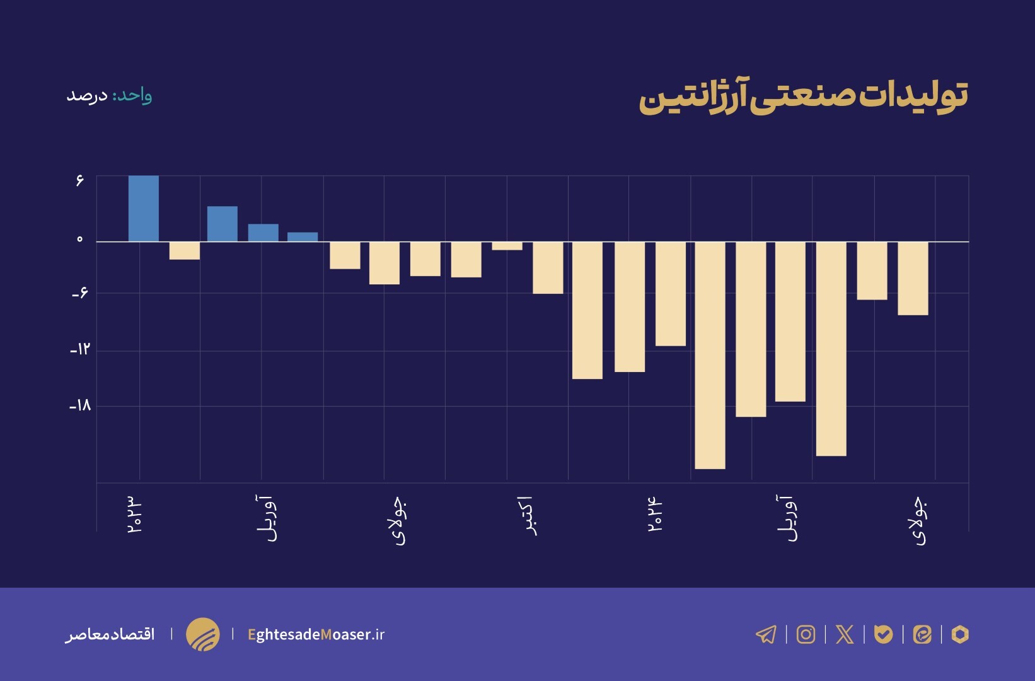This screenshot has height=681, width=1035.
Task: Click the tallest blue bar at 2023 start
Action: [x=144, y=208]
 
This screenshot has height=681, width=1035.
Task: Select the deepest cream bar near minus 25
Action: [x=710, y=355]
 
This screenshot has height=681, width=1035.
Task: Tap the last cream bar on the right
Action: [x=913, y=278]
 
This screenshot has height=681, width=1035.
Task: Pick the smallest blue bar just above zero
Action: [x=303, y=237]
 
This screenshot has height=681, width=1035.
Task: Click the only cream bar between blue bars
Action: [x=185, y=251]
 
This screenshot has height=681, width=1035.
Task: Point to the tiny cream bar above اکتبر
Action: [x=507, y=246]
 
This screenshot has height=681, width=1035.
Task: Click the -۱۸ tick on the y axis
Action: [x=80, y=405]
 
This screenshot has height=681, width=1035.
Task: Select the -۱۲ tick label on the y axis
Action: [x=80, y=349]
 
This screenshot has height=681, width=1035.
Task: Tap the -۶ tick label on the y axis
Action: [x=80, y=293]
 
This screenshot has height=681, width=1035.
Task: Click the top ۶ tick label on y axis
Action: [x=79, y=181]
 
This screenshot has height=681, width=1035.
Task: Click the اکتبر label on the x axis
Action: [x=531, y=516]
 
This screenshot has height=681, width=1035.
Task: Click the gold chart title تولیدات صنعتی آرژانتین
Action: [x=803, y=96]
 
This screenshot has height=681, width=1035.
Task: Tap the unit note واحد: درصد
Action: [x=109, y=95]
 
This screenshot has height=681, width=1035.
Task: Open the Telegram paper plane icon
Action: [x=766, y=634]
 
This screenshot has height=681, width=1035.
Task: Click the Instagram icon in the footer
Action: [x=806, y=634]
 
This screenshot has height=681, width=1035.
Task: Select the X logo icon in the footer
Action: [x=845, y=634]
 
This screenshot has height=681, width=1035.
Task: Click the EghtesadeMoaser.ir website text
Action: [x=316, y=634]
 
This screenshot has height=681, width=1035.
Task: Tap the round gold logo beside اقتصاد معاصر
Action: [x=203, y=634]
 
